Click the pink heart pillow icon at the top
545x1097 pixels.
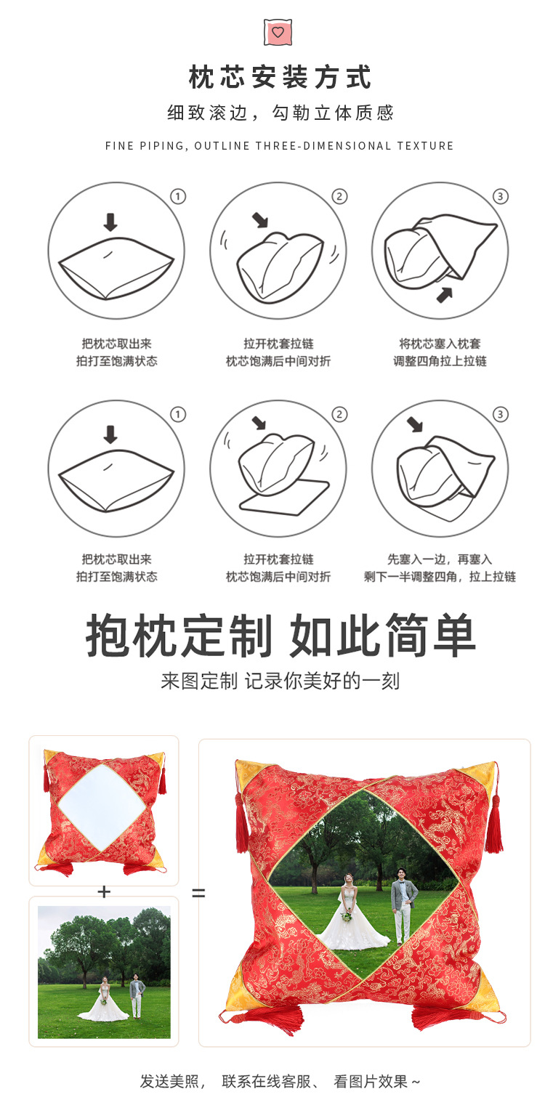277,32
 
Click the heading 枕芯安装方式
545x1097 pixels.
280,78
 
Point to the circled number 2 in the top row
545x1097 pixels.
339,196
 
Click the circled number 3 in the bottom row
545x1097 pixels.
500,414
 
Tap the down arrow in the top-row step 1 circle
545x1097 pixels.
110,222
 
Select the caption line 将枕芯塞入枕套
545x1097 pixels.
440,344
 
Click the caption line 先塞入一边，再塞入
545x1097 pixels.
440,559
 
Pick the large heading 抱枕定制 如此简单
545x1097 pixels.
280,636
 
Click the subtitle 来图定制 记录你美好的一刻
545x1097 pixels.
280,681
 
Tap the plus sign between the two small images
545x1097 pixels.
104,891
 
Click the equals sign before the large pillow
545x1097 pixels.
198,892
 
